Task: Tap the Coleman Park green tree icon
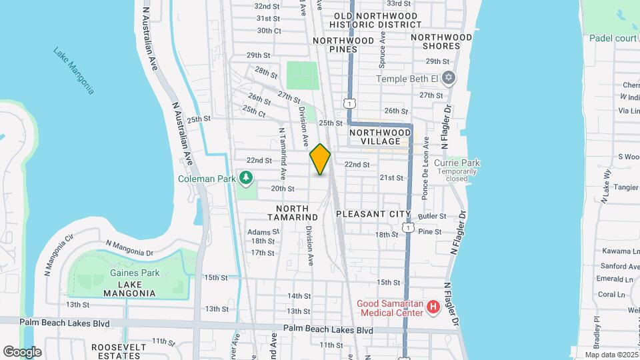coord(247,177)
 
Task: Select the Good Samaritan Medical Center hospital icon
coord(433,307)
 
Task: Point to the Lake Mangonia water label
coord(73,70)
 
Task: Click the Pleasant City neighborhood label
coord(373,214)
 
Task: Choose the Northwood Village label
coord(379,136)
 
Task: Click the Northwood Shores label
coord(435,41)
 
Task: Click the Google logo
coord(22,351)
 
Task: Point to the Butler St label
coord(433,217)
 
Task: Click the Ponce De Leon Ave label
coord(423,177)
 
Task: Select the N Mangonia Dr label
coord(129,247)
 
